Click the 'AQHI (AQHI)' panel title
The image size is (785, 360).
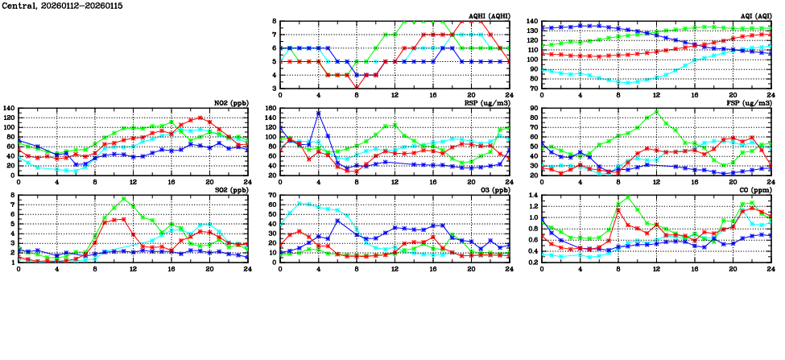pos(490,15)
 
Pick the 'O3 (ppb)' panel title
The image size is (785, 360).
pos(493,189)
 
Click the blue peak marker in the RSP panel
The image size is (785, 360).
pos(319,113)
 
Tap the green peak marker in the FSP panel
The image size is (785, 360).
pos(656,112)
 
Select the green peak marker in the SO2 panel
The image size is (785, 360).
pos(124,198)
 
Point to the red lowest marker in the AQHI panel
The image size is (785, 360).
pos(357,88)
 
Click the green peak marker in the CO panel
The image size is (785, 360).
pos(628,197)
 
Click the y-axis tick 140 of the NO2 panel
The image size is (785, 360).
pos(9,108)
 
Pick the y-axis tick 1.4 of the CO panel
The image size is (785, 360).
pos(532,195)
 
